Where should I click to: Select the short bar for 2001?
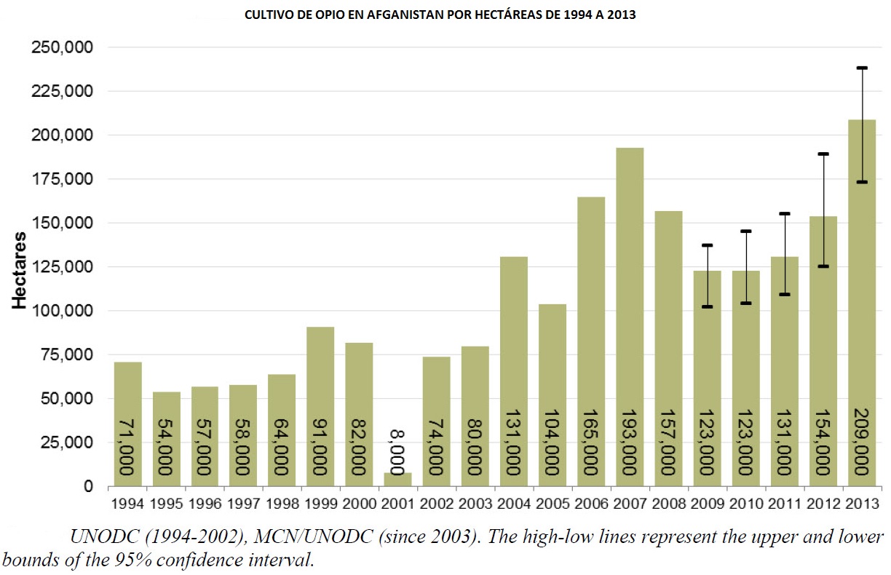[x=398, y=480]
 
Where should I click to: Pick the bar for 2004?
[x=514, y=371]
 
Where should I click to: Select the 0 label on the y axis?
[x=88, y=486]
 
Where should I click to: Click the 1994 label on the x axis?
[x=128, y=503]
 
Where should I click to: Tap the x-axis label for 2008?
[x=668, y=503]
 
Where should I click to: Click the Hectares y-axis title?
[x=20, y=271]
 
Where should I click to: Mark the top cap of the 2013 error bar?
[x=862, y=68]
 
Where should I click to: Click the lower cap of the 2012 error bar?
[x=823, y=266]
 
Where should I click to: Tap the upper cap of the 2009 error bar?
[x=707, y=245]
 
